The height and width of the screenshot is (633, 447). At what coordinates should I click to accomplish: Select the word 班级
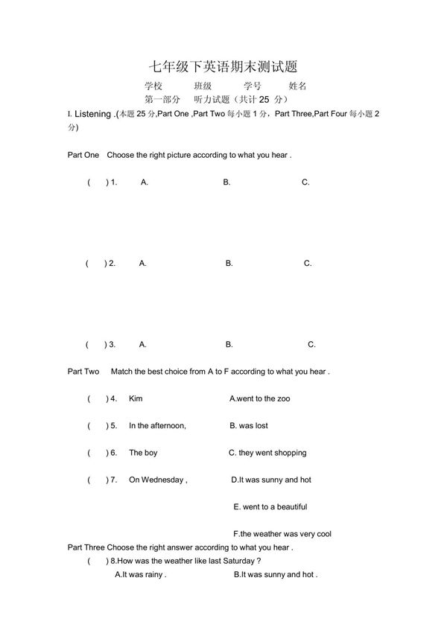(203, 86)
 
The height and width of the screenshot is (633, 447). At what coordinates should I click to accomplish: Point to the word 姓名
(297, 86)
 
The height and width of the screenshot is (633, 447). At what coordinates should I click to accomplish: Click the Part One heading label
(83, 155)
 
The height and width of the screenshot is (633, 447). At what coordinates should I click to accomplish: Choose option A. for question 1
(144, 182)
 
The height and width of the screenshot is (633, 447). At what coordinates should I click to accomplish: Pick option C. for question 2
(308, 264)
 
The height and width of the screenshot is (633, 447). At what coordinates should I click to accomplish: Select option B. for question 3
(229, 345)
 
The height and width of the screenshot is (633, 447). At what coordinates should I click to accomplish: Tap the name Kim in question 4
(136, 399)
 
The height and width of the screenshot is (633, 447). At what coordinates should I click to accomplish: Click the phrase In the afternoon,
(157, 426)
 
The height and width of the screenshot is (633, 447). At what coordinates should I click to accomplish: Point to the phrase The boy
(143, 453)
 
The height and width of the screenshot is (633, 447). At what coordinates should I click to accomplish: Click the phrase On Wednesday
(157, 480)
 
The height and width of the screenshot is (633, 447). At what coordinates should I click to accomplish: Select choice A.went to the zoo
(260, 399)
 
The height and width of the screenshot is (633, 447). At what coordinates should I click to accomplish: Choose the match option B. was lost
(249, 426)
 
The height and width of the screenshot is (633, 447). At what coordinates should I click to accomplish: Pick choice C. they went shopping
(267, 453)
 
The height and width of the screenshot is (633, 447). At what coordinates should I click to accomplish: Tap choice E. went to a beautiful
(270, 507)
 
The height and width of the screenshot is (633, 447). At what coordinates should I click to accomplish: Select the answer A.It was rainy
(140, 575)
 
